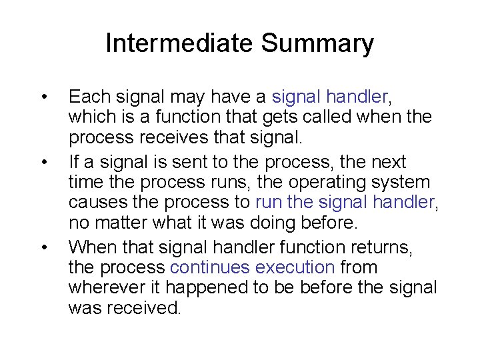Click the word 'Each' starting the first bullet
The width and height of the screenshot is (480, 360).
pos(85,97)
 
